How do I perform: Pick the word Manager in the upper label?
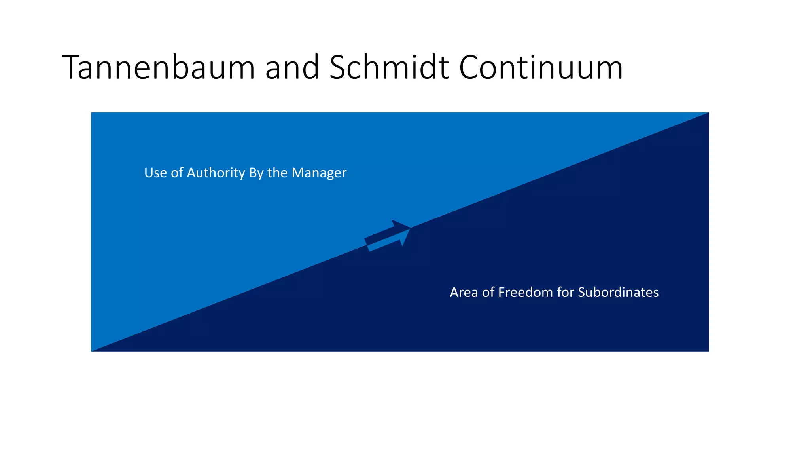coord(319,173)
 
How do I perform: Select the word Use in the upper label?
coord(155,173)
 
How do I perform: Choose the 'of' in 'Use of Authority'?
coord(177,173)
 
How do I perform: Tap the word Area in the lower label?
coord(464,292)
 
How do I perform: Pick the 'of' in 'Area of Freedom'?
coord(488,292)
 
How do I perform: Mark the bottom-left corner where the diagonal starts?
coord(92,351)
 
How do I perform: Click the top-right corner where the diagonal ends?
coord(708,113)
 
